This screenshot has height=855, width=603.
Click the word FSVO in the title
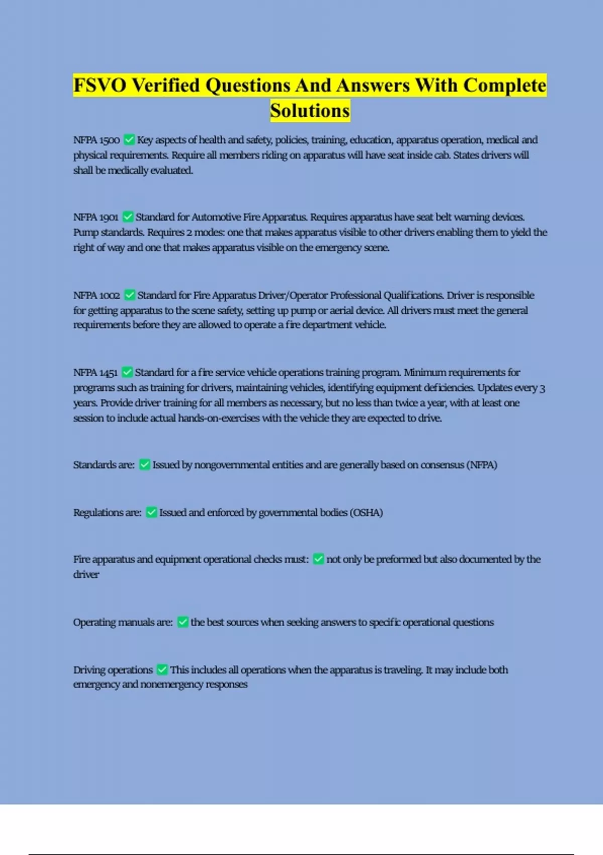(99, 85)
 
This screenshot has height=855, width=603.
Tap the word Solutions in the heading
(310, 111)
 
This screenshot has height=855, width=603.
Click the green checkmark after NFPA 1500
(129, 139)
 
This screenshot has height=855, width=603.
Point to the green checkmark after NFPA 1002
(129, 295)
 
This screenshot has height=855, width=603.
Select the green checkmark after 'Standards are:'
(144, 465)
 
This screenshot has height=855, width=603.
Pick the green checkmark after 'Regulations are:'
(151, 512)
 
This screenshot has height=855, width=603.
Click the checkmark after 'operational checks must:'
(318, 559)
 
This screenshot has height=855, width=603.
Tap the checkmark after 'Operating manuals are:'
(183, 622)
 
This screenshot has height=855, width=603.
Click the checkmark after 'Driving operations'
(162, 669)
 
